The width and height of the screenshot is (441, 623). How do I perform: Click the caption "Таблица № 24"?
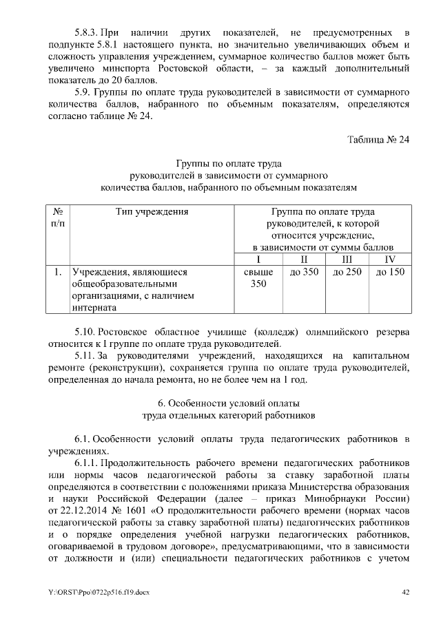pyautogui.click(x=378, y=140)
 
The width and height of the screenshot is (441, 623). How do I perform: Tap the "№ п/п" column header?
pyautogui.click(x=58, y=218)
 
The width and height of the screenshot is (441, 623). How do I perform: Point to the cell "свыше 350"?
pyautogui.click(x=258, y=278)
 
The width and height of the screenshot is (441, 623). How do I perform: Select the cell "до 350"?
pyautogui.click(x=304, y=273)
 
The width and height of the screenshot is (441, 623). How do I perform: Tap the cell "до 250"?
pyautogui.click(x=347, y=273)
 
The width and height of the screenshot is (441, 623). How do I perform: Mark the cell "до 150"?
pyautogui.click(x=390, y=273)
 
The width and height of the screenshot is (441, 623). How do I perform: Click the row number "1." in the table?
pyautogui.click(x=58, y=273)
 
